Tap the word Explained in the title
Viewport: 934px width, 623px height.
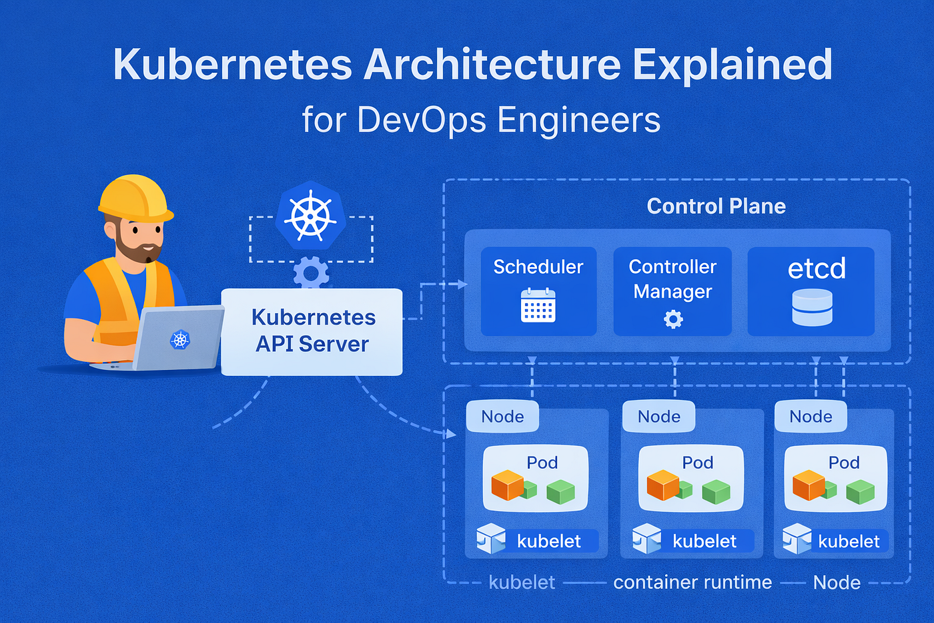click(x=732, y=65)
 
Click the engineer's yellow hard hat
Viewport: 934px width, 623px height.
click(x=135, y=198)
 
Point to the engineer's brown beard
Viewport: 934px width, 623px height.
click(x=138, y=250)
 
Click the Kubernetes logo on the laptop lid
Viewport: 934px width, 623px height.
click(x=180, y=339)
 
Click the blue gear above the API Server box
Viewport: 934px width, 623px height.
click(x=311, y=274)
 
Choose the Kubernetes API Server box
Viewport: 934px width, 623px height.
click(x=312, y=331)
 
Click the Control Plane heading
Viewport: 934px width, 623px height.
click(x=716, y=206)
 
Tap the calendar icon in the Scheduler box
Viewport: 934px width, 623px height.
click(x=538, y=306)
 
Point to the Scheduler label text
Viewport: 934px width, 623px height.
click(x=538, y=267)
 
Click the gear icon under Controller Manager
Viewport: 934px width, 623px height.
click(x=673, y=320)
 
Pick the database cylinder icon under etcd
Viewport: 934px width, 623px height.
click(x=812, y=307)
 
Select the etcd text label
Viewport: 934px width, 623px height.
click(x=817, y=268)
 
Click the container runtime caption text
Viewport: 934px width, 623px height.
click(x=692, y=582)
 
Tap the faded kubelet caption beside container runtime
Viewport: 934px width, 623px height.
click(x=522, y=582)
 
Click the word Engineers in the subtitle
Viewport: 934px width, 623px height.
click(x=578, y=120)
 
